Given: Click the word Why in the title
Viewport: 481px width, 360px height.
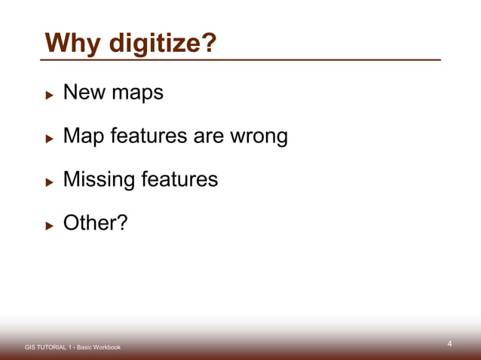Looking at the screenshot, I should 73,43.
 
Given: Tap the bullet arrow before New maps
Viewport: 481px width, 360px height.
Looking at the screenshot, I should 49,96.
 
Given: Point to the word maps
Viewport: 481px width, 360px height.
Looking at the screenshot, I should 136,95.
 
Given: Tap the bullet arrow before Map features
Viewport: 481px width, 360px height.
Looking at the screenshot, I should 49,139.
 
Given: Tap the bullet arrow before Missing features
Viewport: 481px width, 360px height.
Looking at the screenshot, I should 49,182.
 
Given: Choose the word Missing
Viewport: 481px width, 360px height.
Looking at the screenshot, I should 98,181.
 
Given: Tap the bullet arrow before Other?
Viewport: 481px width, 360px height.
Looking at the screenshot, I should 49,225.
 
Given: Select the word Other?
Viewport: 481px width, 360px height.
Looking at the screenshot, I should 95,224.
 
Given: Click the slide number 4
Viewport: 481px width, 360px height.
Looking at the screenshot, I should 449,344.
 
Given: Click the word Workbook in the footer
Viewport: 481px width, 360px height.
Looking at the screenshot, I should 103,347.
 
